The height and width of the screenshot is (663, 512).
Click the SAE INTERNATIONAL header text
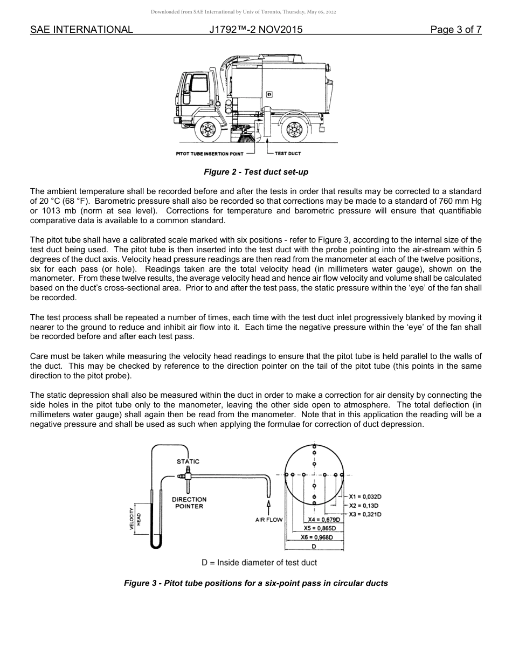[x=81, y=30]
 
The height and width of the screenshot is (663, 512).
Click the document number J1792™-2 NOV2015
[x=255, y=30]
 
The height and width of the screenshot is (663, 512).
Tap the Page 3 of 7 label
[x=455, y=30]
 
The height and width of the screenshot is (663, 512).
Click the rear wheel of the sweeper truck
[x=294, y=129]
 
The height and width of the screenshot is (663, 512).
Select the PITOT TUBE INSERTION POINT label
[x=210, y=154]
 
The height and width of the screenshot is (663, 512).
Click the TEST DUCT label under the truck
[x=288, y=154]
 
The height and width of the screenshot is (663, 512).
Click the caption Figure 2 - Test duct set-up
[x=255, y=172]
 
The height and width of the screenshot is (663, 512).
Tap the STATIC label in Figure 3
[x=188, y=461]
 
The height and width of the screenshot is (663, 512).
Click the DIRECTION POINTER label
[x=189, y=503]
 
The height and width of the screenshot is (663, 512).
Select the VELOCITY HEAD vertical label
[x=135, y=519]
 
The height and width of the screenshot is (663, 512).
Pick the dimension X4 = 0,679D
[x=324, y=520]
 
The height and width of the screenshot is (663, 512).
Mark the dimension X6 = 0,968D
[x=317, y=537]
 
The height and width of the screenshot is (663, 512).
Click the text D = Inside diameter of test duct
[x=259, y=563]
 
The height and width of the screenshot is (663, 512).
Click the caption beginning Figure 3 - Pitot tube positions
[x=255, y=583]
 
